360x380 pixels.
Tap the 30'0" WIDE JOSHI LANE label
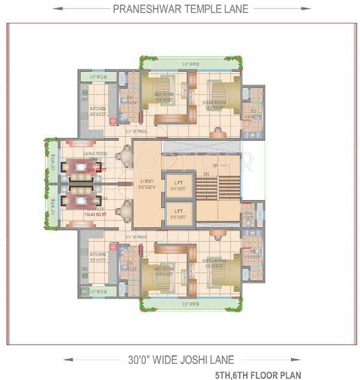[x=180, y=360]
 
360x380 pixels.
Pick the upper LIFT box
[x=178, y=185]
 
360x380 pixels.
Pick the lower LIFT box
[x=178, y=213]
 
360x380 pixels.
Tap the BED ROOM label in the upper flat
[x=163, y=95]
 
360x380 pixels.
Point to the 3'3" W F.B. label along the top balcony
[x=191, y=63]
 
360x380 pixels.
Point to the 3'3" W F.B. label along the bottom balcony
[x=191, y=304]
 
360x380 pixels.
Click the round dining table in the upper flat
[x=127, y=157]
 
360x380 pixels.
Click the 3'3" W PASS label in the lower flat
[x=136, y=237]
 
